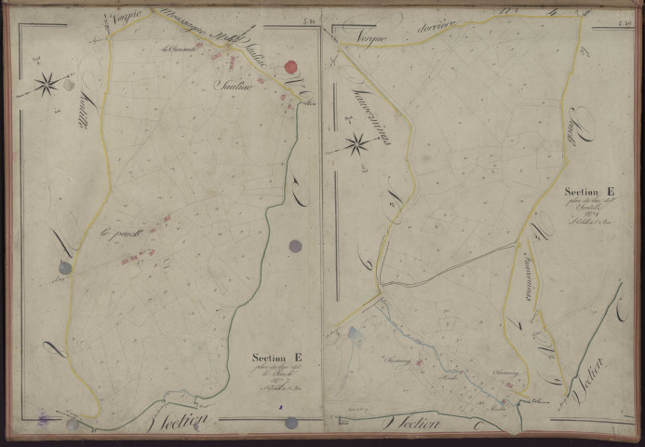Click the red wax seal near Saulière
pyautogui.click(x=290, y=67)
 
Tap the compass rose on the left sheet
pyautogui.click(x=47, y=85)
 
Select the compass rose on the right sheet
pyautogui.click(x=356, y=143)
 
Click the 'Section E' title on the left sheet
pyautogui.click(x=276, y=356)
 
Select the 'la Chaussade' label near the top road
pyautogui.click(x=177, y=50)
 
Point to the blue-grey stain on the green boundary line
pyautogui.click(x=295, y=247)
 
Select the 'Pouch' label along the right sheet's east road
pyautogui.click(x=563, y=137)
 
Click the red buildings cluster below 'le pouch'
pyautogui.click(x=137, y=255)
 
